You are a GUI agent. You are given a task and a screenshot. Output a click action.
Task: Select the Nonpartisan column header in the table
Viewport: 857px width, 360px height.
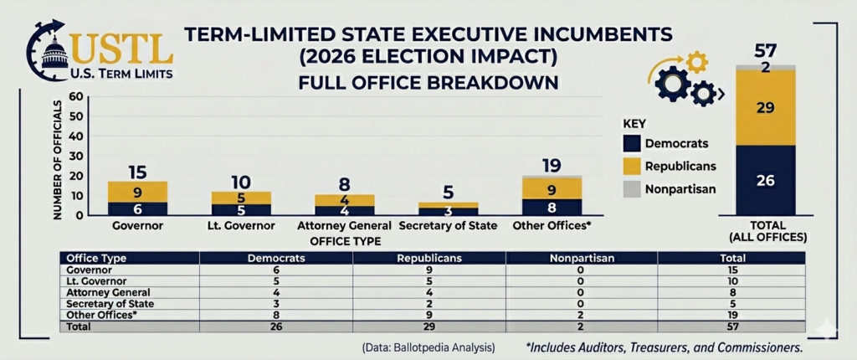(x=581, y=259)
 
